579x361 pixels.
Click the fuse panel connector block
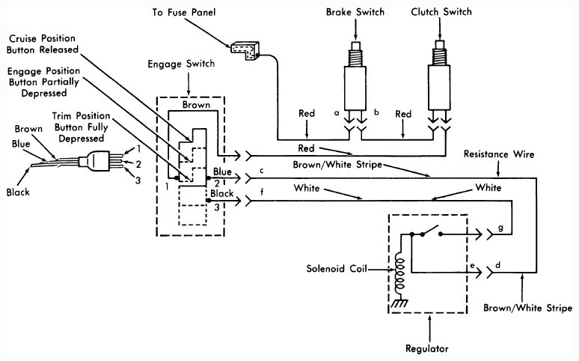[245, 51]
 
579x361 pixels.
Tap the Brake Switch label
[355, 12]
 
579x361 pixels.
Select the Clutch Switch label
[441, 12]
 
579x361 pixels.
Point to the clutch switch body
[439, 88]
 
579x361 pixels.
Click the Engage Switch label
[181, 64]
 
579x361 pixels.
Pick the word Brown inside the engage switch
[196, 105]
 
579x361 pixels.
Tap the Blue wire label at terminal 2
[222, 172]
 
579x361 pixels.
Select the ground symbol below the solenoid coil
[399, 303]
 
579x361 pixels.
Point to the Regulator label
[427, 348]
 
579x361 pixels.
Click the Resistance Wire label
[499, 154]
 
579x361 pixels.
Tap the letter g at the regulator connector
[500, 228]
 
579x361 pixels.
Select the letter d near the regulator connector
[498, 265]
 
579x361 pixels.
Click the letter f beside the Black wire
[262, 192]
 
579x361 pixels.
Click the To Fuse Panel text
[183, 12]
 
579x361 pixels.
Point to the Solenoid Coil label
[337, 268]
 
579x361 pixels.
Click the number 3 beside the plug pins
[138, 180]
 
